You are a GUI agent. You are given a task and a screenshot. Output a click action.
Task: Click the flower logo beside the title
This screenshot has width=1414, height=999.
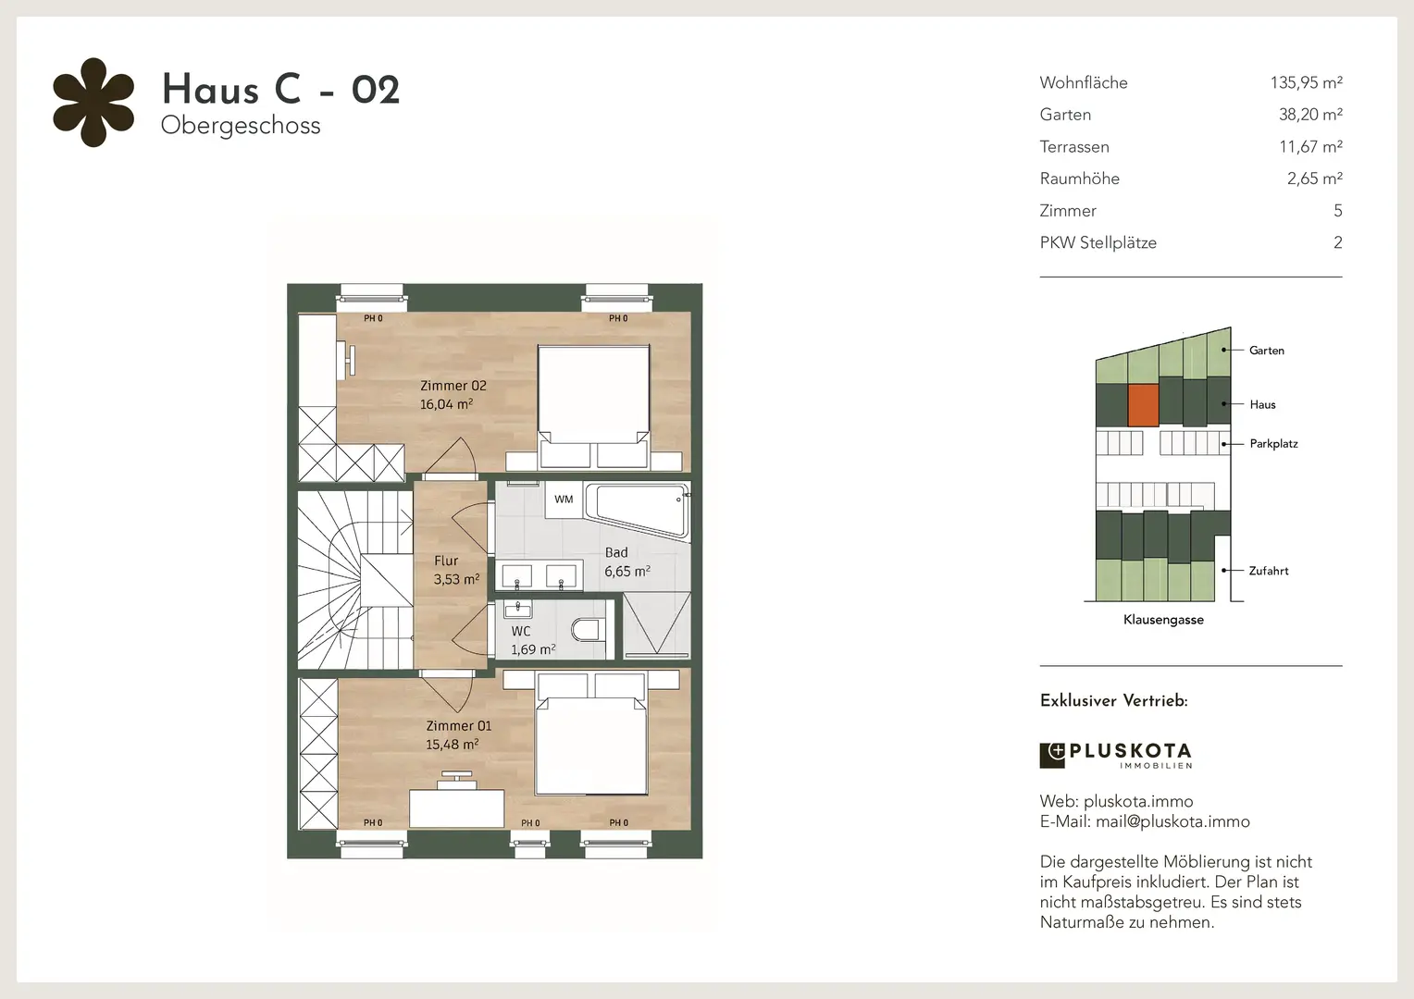93,103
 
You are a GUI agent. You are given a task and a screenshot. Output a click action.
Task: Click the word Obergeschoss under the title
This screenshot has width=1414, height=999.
241,126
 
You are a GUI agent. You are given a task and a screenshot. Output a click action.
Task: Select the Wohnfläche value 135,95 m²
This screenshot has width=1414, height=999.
1306,82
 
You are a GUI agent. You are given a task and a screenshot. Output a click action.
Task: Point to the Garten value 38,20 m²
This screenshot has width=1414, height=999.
1310,115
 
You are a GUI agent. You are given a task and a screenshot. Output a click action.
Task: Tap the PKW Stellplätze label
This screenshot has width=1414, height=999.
1098,243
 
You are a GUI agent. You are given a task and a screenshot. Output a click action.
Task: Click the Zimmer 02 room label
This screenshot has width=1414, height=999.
453,386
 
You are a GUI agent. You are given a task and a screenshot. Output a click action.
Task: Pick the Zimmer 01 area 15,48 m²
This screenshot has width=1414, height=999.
452,745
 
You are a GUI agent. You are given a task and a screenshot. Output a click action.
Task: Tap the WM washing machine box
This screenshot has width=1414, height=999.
564,499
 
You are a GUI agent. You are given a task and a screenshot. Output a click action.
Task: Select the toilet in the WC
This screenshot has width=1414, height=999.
587,629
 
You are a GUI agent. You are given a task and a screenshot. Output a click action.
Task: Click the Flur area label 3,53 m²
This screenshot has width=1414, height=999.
456,579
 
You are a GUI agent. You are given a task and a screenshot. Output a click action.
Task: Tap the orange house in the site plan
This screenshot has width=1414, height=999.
1143,405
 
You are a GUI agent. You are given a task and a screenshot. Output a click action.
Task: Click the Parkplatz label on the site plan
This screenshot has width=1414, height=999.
1274,444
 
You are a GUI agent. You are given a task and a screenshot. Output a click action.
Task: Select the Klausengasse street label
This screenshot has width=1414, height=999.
1163,620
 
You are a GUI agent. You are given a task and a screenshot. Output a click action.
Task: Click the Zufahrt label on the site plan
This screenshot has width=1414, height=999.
1269,571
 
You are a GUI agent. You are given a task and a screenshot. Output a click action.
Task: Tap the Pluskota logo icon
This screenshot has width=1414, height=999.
1052,756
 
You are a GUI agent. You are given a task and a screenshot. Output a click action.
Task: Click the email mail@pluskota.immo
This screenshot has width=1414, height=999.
1172,821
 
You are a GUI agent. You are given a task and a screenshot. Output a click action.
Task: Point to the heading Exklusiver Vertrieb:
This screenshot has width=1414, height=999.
1113,700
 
